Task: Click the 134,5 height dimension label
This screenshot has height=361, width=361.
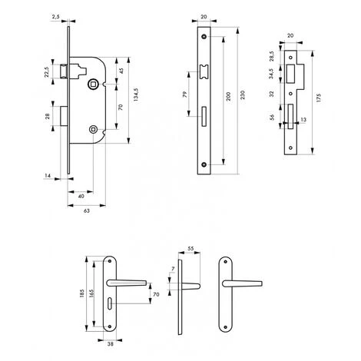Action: click(x=136, y=94)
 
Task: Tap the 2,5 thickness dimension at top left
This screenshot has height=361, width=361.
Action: click(x=56, y=17)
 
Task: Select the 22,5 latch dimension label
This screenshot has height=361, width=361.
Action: click(x=46, y=72)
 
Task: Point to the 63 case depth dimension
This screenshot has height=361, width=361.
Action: click(x=87, y=210)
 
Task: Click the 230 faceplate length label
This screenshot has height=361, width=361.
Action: click(x=243, y=94)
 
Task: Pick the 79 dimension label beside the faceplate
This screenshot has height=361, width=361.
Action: click(x=185, y=94)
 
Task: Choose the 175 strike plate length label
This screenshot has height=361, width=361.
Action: click(x=318, y=98)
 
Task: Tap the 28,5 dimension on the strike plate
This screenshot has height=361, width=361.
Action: click(x=272, y=56)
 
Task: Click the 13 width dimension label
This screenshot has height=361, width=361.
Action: click(x=303, y=120)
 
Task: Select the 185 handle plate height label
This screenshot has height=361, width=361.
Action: click(x=82, y=293)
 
